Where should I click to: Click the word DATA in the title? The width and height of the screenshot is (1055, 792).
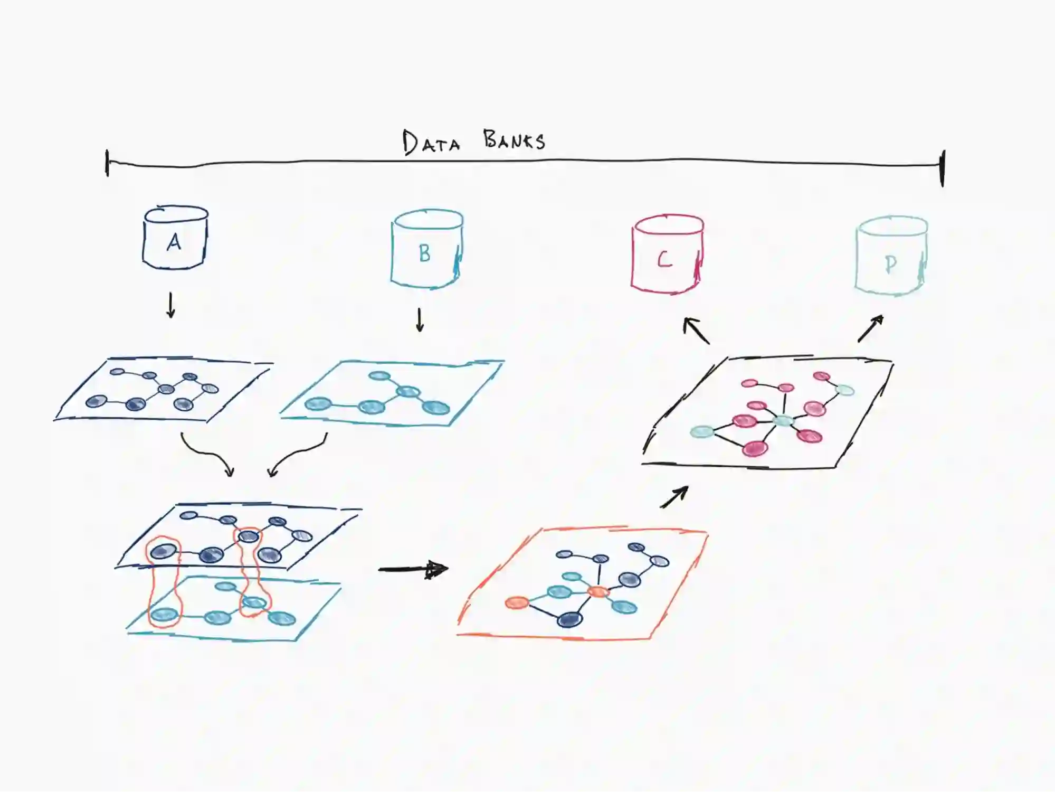(x=431, y=142)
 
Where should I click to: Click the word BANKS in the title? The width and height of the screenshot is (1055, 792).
(x=514, y=140)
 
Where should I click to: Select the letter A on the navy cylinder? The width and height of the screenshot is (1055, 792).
(x=174, y=242)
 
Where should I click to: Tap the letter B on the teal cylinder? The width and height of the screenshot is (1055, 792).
(x=424, y=254)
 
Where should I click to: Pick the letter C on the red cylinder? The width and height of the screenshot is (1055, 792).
(x=664, y=259)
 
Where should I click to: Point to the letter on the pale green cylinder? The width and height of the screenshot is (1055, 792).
(x=890, y=264)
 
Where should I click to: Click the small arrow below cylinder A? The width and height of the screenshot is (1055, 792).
(x=170, y=306)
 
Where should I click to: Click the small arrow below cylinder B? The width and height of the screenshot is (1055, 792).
(x=420, y=320)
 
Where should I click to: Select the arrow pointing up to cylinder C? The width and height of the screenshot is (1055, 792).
(x=696, y=331)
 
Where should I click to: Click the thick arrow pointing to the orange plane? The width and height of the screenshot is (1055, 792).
(x=413, y=569)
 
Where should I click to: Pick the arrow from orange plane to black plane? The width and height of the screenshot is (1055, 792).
(x=674, y=497)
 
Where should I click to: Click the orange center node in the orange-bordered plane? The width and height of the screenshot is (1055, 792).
(x=598, y=591)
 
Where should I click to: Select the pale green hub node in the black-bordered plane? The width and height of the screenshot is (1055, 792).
(x=783, y=421)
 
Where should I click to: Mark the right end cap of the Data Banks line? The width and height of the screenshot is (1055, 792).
(x=943, y=168)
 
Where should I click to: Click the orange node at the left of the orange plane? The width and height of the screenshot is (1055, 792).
(x=517, y=602)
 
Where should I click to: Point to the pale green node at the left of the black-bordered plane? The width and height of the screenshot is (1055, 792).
(x=702, y=432)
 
